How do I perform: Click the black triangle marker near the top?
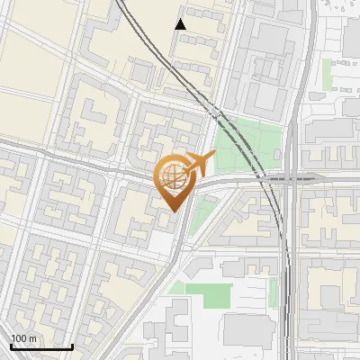[181, 24]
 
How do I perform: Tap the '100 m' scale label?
[23, 338]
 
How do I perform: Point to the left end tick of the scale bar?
[11, 346]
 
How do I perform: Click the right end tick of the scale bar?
[72, 346]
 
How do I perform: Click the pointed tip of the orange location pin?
[174, 211]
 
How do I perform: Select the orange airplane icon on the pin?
[200, 163]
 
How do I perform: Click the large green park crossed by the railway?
[247, 144]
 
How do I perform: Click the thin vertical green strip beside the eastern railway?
[274, 290]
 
